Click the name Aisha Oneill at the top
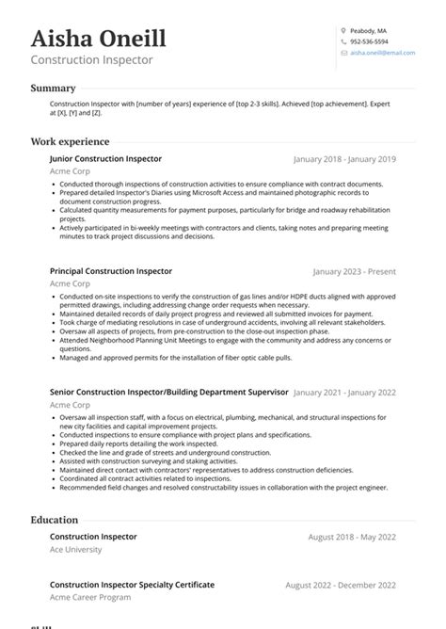pos(98,39)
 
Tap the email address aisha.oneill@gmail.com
pos(382,54)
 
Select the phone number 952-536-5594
pos(369,41)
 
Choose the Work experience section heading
pos(71,141)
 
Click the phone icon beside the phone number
pos(343,41)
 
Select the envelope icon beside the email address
pos(343,54)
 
